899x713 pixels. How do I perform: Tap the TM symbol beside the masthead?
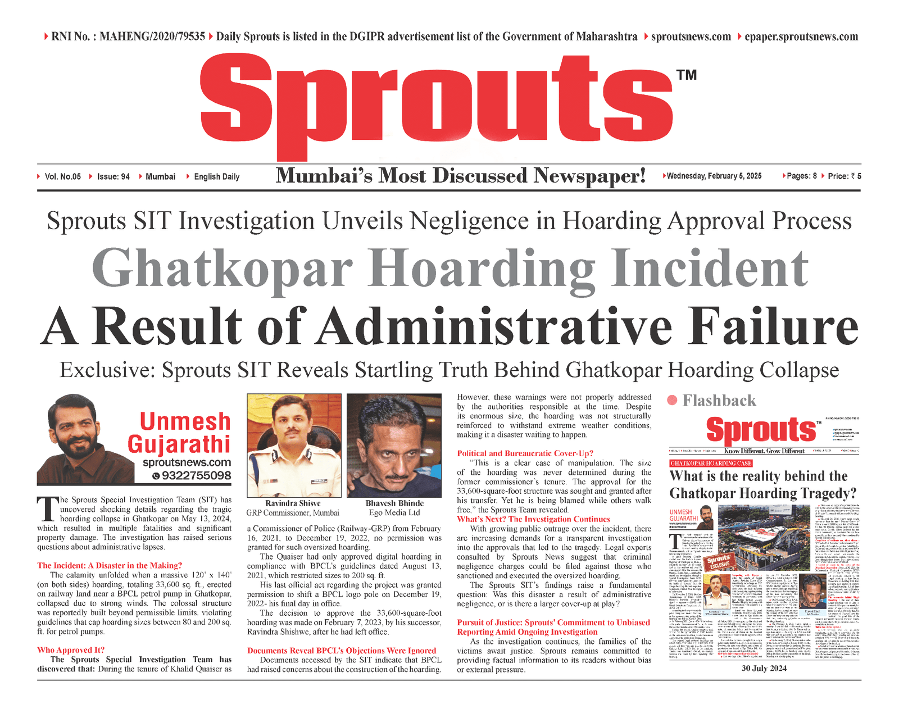coord(686,75)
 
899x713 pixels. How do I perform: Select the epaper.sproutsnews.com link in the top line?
coord(801,37)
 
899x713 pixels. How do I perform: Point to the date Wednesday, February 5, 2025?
coord(714,176)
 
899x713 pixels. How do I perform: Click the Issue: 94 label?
coord(113,177)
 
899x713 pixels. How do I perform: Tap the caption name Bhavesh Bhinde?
coord(394,503)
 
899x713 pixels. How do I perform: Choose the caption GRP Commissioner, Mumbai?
coord(293,513)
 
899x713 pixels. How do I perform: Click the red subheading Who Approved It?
coord(71,650)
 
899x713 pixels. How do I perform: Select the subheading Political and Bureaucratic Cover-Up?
coord(525,453)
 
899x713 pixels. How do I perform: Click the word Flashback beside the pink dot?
coord(719,401)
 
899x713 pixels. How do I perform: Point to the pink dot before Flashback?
coord(672,400)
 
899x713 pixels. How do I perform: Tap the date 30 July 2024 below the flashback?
coord(764,669)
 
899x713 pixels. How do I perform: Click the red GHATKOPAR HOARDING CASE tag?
coord(711,464)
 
